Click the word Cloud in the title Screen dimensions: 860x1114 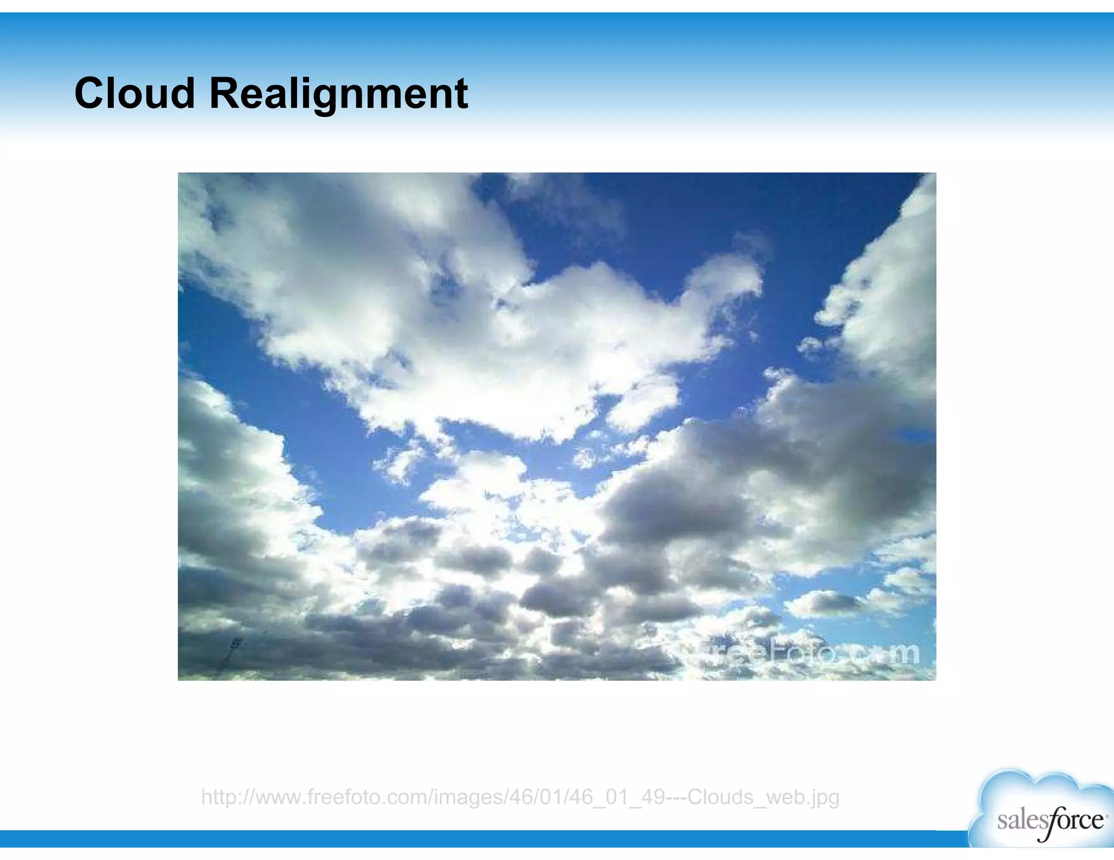coord(134,93)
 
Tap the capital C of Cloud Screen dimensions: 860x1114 coord(89,93)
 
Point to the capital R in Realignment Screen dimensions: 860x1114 coord(225,93)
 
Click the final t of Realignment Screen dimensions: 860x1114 coord(461,94)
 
